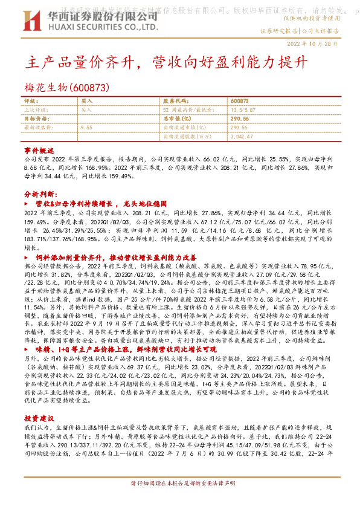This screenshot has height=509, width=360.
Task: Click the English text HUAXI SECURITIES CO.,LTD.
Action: pos(100,27)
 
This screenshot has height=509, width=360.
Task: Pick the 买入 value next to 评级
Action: pos(86,102)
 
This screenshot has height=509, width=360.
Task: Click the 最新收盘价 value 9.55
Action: pos(86,128)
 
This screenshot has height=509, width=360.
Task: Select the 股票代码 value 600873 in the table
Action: pos(239,102)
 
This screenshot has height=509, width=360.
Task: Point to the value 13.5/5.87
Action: pos(242,110)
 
